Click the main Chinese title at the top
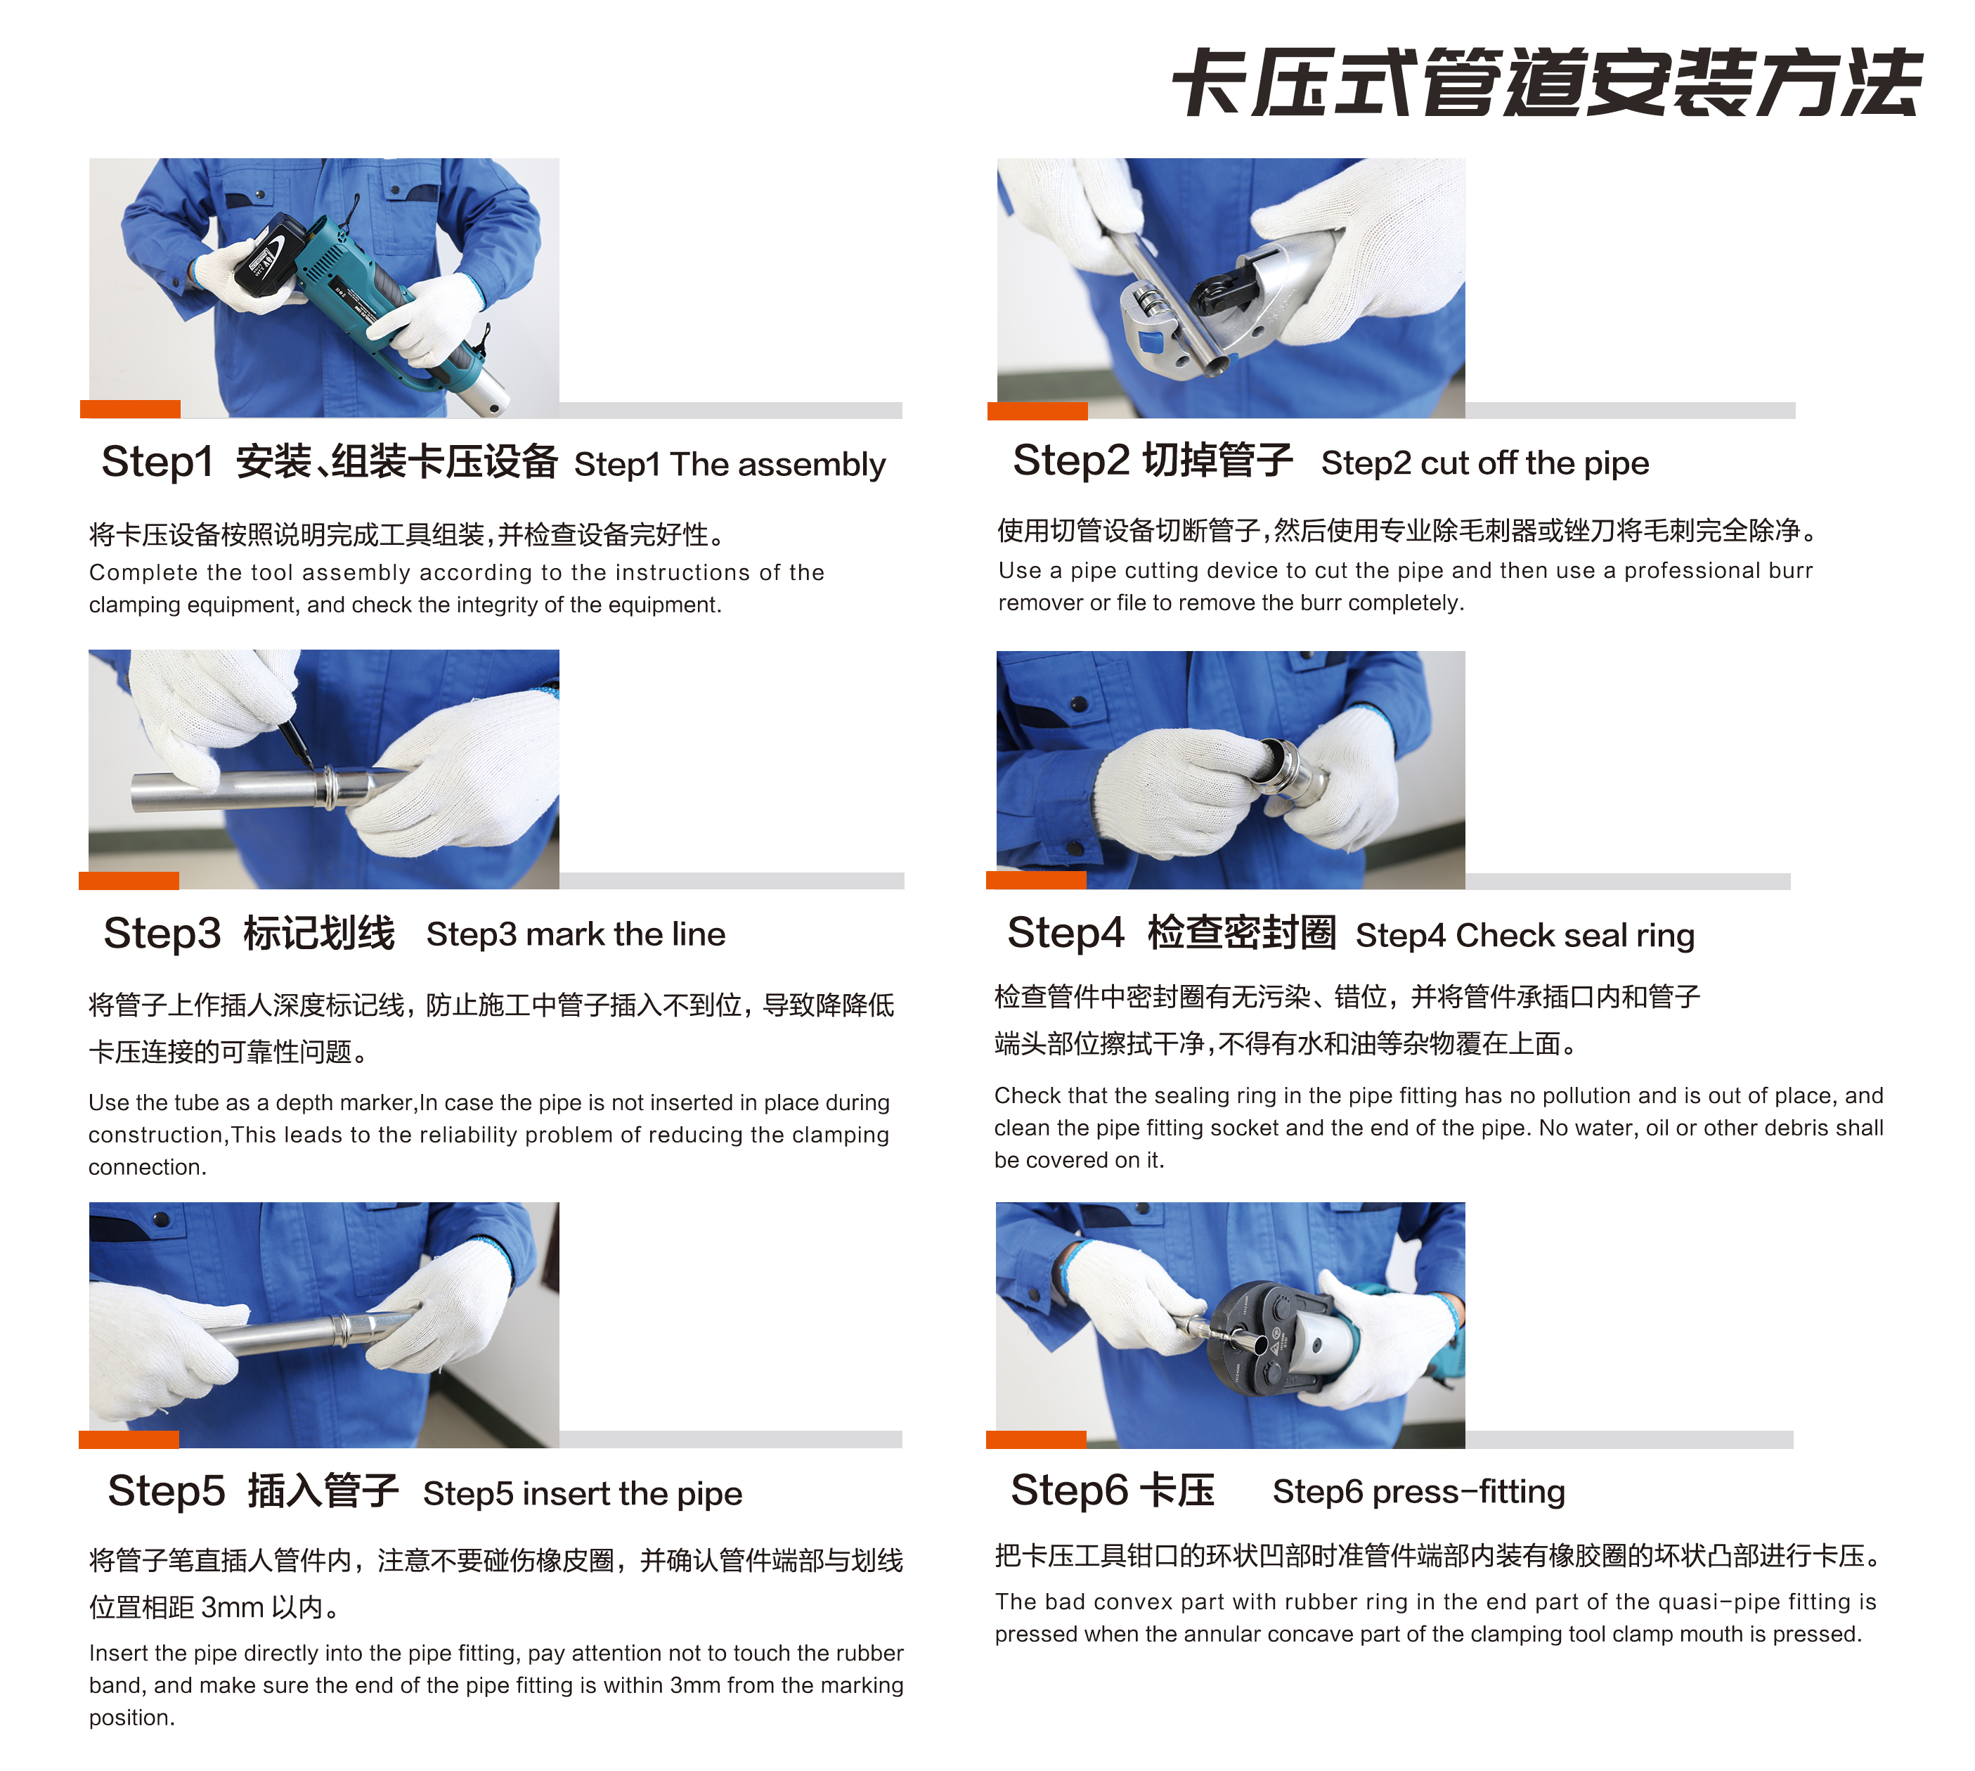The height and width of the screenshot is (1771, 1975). pos(1546,84)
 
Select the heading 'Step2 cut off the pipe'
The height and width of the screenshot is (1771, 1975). pos(1484,463)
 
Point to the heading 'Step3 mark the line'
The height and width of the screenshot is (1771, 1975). pos(575,934)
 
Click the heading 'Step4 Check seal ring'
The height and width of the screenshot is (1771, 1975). pos(1524,935)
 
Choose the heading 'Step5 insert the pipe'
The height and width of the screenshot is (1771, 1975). pos(582,1494)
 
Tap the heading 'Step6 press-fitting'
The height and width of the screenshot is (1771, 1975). pos(1418,1492)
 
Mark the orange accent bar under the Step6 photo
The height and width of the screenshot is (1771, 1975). pos(1035,1440)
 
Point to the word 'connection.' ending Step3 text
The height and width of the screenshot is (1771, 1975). pos(147,1168)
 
